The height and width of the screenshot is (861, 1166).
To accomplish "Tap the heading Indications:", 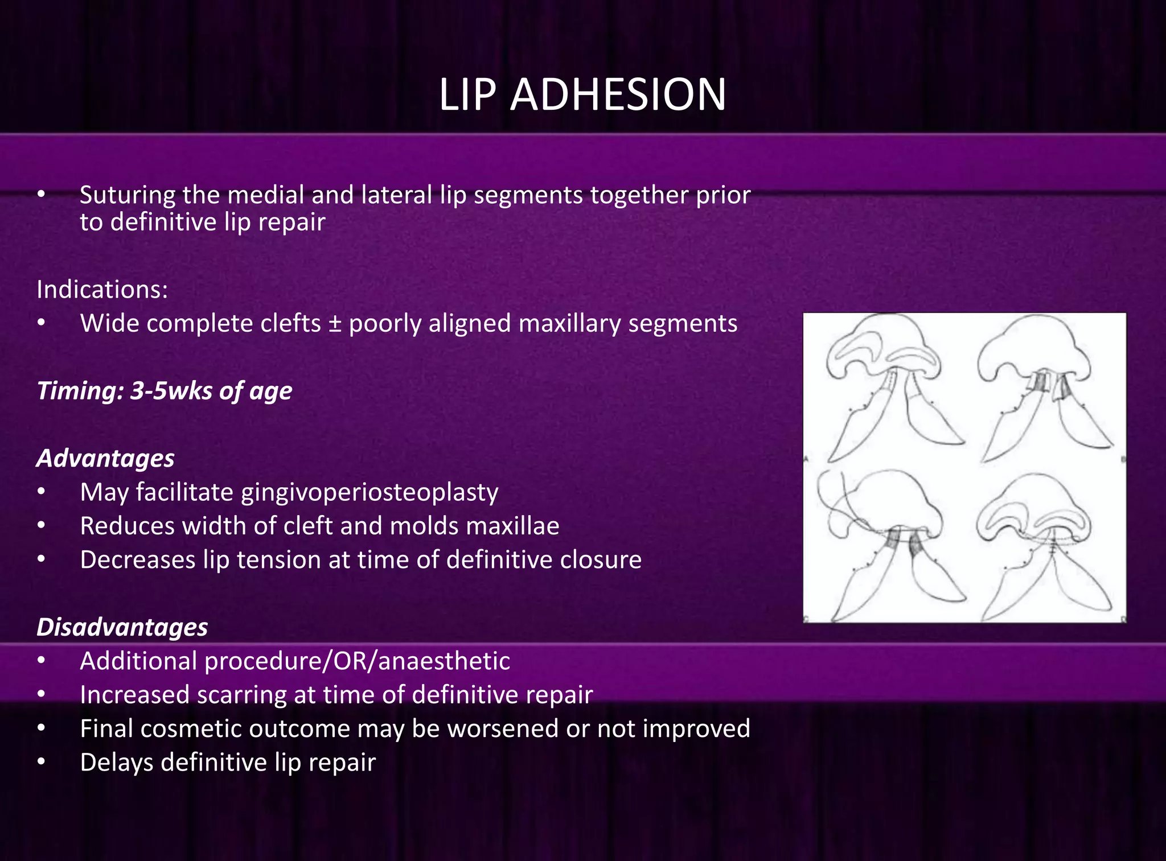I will point(102,290).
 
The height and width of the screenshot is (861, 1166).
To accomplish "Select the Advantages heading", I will point(105,458).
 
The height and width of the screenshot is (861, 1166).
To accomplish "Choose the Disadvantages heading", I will point(122,627).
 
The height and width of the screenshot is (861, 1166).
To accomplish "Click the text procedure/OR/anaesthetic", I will point(357,661).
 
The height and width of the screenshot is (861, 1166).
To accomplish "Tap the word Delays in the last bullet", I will point(117,763).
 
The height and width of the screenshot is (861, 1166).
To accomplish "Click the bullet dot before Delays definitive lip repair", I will point(41,763).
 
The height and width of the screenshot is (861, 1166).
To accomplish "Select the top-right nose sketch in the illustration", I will point(1042,387).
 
